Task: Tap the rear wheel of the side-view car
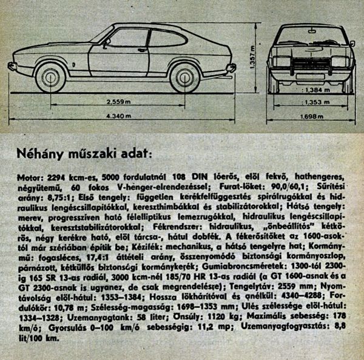point(186,78)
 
